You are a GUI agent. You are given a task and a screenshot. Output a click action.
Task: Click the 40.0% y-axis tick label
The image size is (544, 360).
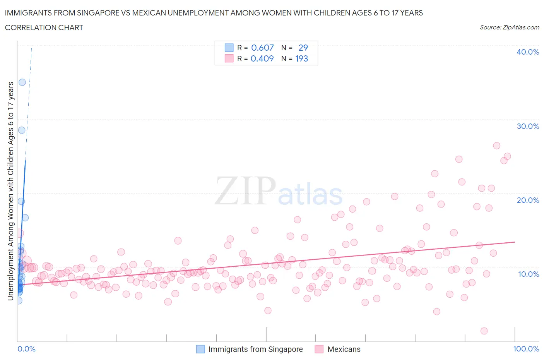point(527,52)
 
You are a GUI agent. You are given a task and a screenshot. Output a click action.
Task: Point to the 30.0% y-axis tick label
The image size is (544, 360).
point(527,126)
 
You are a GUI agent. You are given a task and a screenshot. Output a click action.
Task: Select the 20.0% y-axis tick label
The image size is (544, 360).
point(527,200)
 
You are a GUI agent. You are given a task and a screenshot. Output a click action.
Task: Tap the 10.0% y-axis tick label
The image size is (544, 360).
point(528,274)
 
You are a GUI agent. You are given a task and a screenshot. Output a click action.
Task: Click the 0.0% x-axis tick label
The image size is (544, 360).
point(26,349)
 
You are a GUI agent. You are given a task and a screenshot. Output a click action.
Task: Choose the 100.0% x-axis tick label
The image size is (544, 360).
point(526,349)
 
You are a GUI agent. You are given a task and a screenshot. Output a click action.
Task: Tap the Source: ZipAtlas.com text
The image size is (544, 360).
point(509,27)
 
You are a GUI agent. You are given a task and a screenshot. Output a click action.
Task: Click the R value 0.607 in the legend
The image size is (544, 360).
point(262,48)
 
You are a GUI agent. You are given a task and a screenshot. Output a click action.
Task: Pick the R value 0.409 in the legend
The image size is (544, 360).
point(262,58)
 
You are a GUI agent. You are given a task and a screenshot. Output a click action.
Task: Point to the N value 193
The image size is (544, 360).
point(301,58)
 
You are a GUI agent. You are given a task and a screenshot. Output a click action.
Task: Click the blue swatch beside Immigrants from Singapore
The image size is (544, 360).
point(200,349)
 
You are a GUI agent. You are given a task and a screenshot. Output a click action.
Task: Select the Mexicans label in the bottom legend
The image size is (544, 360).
point(344,349)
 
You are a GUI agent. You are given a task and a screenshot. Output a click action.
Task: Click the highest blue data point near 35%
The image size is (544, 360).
point(22,82)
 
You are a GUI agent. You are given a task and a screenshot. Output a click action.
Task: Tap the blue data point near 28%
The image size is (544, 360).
point(22,130)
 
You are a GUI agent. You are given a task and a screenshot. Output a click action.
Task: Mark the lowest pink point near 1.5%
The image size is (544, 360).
point(484,331)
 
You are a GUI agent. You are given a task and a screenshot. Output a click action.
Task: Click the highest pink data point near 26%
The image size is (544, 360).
point(496,146)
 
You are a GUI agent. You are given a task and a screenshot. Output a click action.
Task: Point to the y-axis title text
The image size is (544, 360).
point(10,191)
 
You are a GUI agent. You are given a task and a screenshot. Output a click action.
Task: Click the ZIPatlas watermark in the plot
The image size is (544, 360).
point(279,191)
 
